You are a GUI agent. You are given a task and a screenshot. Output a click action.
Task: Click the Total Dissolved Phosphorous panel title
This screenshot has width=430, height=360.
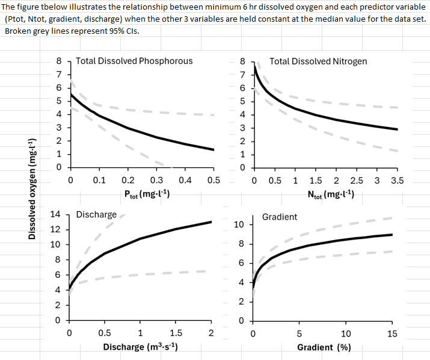[134, 61]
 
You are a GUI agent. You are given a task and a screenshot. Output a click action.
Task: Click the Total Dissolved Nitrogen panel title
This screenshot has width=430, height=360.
[318, 61]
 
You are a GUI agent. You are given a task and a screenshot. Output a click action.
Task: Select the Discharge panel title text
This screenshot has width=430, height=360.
[96, 214]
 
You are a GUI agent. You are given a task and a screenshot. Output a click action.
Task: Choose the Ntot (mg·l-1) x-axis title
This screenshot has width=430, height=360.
[330, 194]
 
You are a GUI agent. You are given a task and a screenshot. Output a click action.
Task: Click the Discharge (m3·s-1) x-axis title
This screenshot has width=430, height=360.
[140, 347]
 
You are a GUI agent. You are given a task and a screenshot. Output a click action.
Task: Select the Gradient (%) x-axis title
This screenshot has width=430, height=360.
[324, 347]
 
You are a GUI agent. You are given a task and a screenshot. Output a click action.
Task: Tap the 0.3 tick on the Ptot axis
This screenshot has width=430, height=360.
[156, 180]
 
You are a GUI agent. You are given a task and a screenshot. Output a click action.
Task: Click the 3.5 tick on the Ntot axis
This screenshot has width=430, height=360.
[397, 180]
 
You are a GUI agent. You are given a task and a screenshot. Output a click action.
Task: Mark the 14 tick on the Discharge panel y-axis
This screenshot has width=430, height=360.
[55, 214]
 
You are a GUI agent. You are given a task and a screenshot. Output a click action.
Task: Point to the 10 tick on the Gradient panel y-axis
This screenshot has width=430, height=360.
[238, 225]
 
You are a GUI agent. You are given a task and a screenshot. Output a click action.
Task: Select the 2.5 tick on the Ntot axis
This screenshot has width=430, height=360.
[356, 180]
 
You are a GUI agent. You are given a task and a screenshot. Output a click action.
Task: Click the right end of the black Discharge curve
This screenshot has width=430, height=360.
[212, 222]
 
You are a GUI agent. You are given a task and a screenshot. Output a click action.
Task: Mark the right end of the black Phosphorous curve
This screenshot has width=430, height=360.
[213, 150]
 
